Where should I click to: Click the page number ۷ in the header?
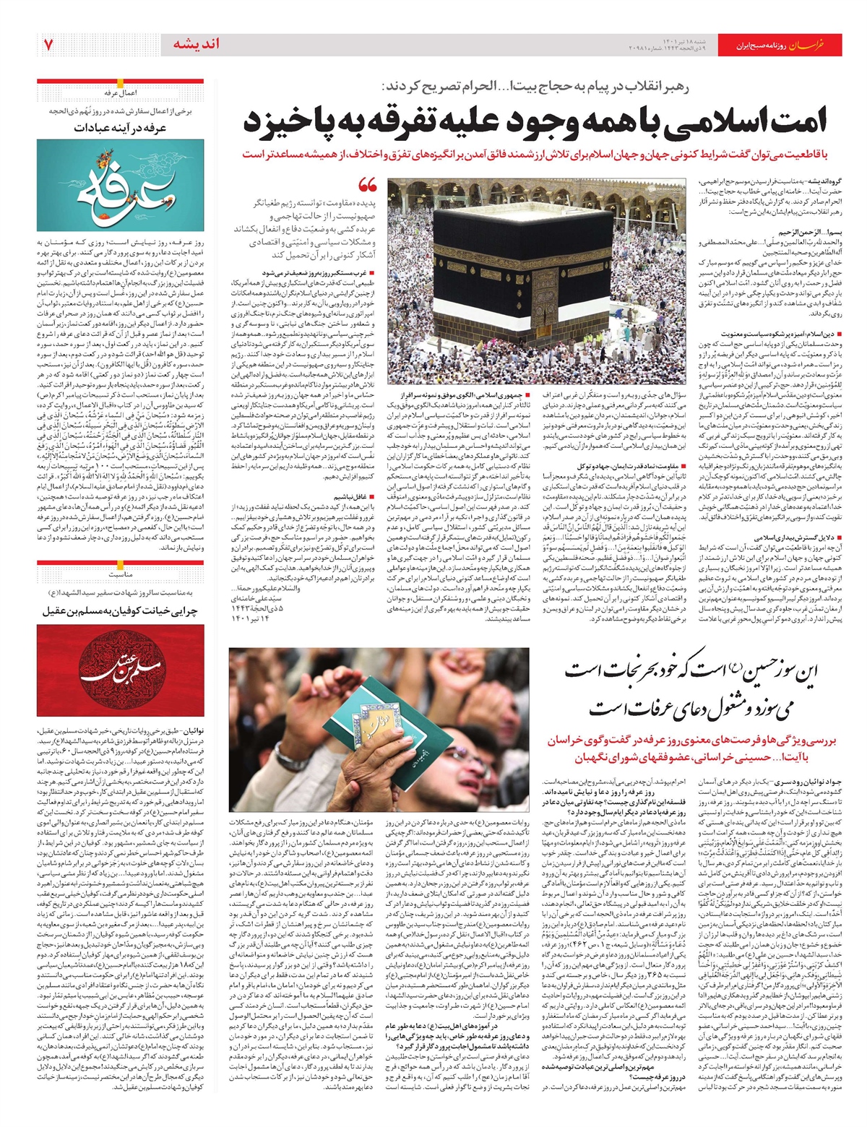(48, 45)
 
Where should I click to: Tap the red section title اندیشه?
(196, 44)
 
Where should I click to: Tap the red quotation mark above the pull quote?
(368, 185)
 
